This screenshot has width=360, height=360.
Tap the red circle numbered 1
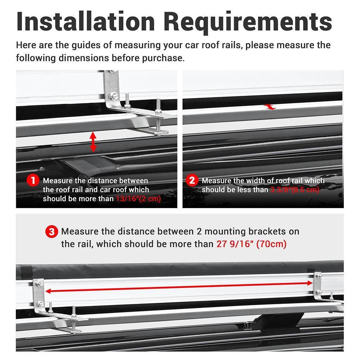pyautogui.click(x=33, y=180)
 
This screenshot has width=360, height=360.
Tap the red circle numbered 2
pyautogui.click(x=192, y=180)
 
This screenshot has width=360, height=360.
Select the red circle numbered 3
pyautogui.click(x=51, y=231)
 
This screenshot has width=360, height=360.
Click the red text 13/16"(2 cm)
pyautogui.click(x=138, y=199)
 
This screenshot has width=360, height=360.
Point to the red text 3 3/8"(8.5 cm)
pyautogui.click(x=294, y=190)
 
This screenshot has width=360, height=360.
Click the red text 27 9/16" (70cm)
pyautogui.click(x=251, y=244)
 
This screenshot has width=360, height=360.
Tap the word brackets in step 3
pyautogui.click(x=279, y=231)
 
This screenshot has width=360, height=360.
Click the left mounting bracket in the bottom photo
pyautogui.click(x=39, y=293)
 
